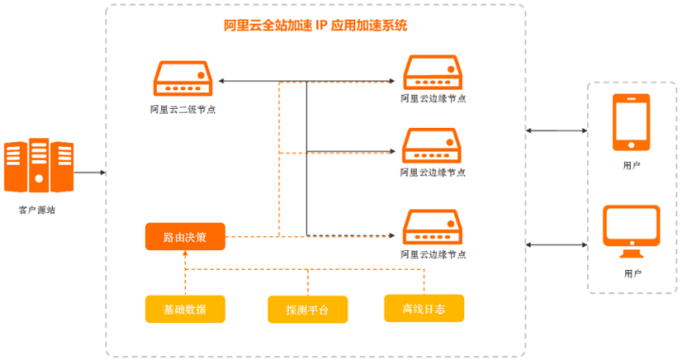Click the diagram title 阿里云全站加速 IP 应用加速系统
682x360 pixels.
[x=315, y=27]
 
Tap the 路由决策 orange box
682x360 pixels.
[x=185, y=236]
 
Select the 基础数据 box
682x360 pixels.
[x=185, y=309]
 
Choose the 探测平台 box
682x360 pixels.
[x=308, y=310]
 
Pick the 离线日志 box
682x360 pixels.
[x=424, y=308]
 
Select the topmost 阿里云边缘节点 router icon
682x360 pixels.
[x=433, y=72]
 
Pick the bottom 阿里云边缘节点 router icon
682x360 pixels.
[x=433, y=226]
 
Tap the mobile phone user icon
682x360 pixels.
[x=632, y=122]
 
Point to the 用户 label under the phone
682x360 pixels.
[x=632, y=165]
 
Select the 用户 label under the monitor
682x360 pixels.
[x=633, y=273]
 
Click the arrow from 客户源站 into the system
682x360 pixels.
[x=90, y=173]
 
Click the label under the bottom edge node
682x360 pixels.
[x=433, y=255]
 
